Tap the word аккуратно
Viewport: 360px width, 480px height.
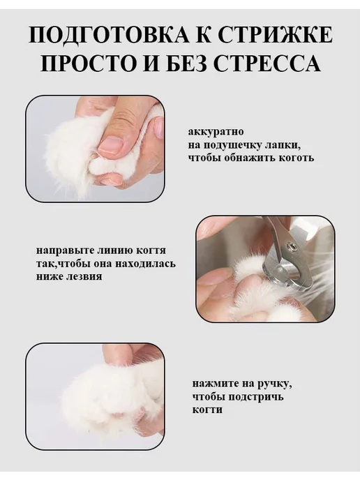(216, 133)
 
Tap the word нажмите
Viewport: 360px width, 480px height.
(215, 384)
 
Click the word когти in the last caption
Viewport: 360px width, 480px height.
(207, 410)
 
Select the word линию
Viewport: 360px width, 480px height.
(114, 250)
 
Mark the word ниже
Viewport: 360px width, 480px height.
(50, 276)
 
